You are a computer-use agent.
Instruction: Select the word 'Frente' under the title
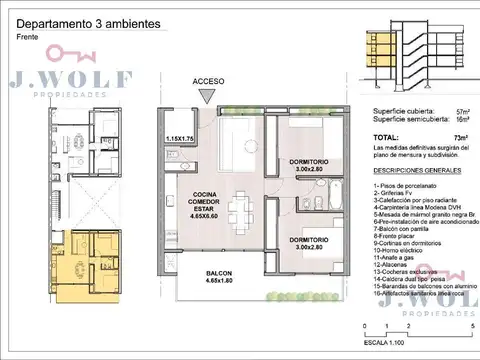(28, 37)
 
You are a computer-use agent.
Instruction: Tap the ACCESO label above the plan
(207, 82)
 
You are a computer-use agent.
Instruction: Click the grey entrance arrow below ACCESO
(207, 97)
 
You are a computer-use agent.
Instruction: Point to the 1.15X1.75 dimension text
(186, 139)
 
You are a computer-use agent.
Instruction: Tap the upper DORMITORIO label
(304, 166)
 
